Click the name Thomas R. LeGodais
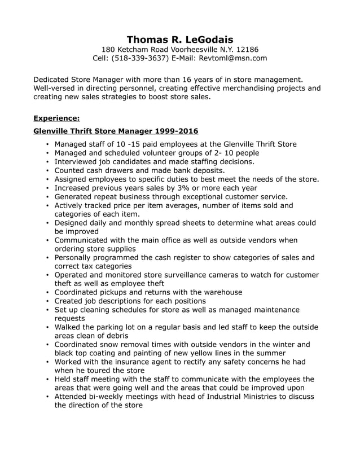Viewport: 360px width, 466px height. pyautogui.click(x=179, y=39)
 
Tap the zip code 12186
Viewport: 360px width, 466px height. pyautogui.click(x=247, y=49)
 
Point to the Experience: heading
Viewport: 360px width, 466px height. pyautogui.click(x=56, y=118)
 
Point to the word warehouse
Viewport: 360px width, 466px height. pyautogui.click(x=222, y=292)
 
